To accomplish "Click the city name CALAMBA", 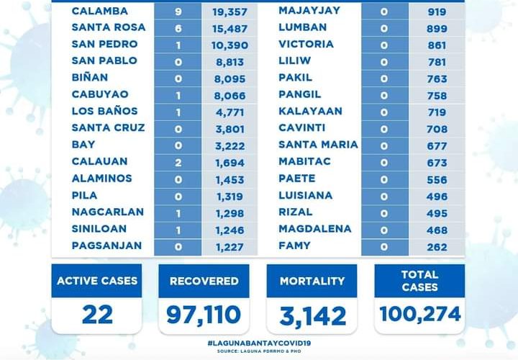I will click(100, 11).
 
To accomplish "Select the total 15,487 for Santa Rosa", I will click(229, 27).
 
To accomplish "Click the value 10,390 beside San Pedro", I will click(229, 45).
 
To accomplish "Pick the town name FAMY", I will click(294, 246).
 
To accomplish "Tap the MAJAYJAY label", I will click(310, 11).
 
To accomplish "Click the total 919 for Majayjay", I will click(437, 12).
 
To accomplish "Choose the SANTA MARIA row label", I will click(318, 145).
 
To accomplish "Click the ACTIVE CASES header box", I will click(97, 281).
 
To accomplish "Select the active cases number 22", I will click(96, 314).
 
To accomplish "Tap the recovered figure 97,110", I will click(204, 315).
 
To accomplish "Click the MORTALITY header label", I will click(312, 281).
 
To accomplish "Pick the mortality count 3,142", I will click(312, 315).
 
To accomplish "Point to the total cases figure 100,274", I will click(419, 315).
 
